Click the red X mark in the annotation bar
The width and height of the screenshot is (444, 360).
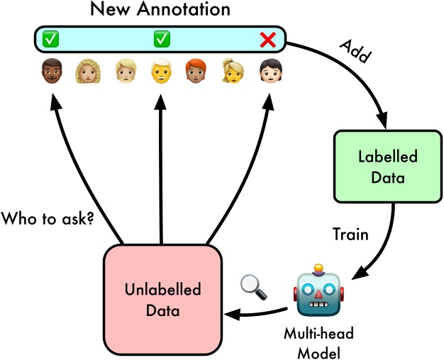coord(267,40)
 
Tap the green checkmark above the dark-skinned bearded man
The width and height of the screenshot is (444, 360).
coord(49,40)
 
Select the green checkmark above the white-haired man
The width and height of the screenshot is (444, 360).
coord(161,40)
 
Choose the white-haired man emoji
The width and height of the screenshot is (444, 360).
coord(161,72)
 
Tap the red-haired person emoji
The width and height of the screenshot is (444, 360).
coord(198,72)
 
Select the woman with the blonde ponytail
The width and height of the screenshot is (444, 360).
coord(234,72)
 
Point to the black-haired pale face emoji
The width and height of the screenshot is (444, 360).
coord(270,72)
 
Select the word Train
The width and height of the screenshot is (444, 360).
coord(350,235)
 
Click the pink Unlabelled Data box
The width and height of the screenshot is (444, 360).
coord(163,300)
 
